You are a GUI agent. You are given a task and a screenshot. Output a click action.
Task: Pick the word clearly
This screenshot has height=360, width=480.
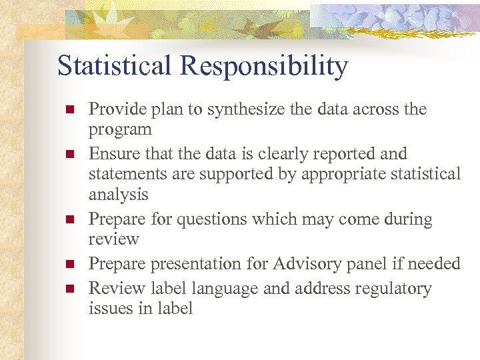click(x=292, y=154)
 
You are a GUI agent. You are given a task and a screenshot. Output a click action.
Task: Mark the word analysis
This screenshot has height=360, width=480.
click(x=119, y=195)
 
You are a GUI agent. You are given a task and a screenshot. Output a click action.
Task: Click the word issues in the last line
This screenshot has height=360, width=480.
click(x=106, y=308)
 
